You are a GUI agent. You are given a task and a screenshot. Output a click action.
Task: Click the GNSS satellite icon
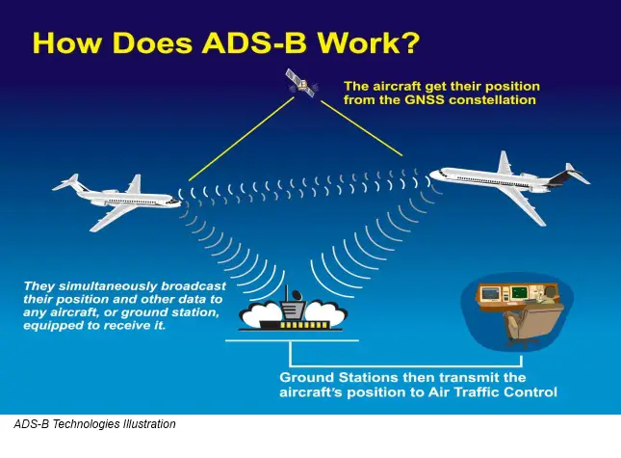click(301, 84)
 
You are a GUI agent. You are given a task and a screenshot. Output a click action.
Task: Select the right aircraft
click(505, 183)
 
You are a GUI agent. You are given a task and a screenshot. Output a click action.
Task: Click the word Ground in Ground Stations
click(307, 377)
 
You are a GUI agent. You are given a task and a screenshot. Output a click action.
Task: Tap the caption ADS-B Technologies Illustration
click(94, 424)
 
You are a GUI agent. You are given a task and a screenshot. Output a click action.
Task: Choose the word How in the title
click(67, 43)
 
